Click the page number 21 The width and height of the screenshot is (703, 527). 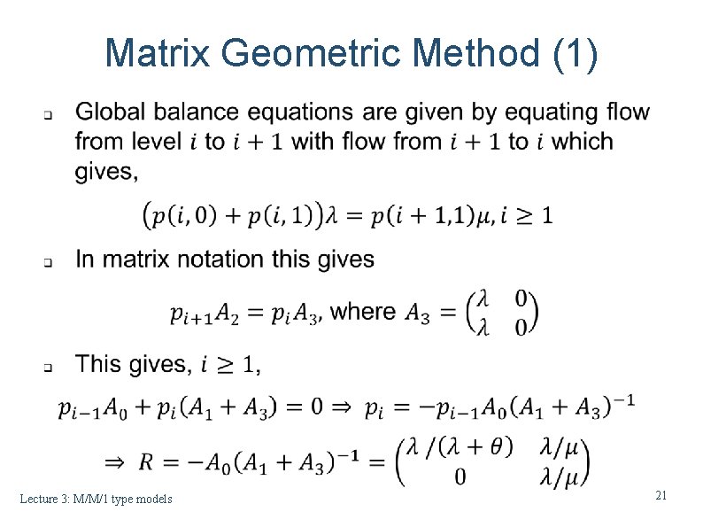[x=661, y=496]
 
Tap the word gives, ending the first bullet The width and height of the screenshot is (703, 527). [x=107, y=171]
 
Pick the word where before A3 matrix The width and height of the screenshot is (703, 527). [x=367, y=311]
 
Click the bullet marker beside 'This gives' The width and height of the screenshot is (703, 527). [x=50, y=366]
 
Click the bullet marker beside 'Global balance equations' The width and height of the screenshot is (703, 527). [x=50, y=115]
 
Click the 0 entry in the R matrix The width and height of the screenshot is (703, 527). [x=460, y=477]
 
